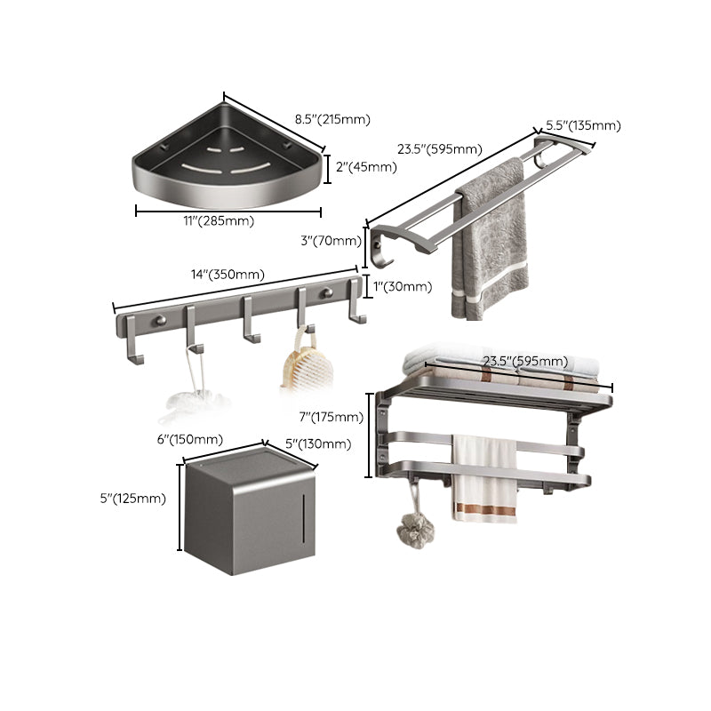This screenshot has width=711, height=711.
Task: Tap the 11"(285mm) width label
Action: tap(220, 221)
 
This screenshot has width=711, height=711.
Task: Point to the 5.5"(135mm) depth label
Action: tap(583, 125)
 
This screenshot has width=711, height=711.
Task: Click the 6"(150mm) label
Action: tap(189, 440)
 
